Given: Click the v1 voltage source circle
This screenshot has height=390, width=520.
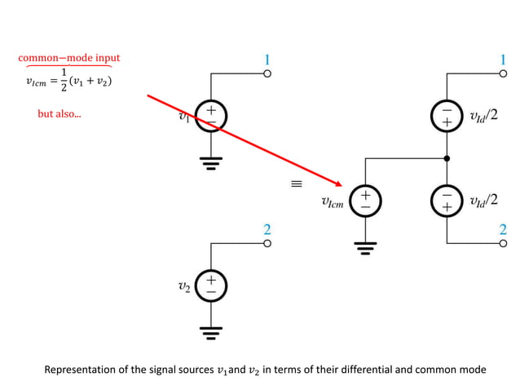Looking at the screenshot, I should tap(210, 116).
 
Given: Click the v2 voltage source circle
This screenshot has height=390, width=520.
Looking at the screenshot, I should tap(210, 286).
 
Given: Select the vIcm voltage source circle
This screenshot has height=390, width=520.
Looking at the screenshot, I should tap(364, 202).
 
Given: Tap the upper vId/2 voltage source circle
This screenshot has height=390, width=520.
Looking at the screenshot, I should tap(447, 116).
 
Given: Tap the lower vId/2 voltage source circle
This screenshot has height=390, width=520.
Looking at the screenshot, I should tap(447, 202).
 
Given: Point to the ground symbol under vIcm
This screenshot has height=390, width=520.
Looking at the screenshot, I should tap(364, 248).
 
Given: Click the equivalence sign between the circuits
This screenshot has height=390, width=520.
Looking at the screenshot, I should tap(297, 184).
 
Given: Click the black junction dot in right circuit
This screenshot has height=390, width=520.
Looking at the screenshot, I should tap(447, 157).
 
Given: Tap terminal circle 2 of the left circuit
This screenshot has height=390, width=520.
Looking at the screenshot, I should tap(267, 243).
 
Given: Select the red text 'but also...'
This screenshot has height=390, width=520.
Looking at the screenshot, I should tap(59, 114).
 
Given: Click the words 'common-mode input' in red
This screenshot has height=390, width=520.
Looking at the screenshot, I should tap(69, 58).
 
